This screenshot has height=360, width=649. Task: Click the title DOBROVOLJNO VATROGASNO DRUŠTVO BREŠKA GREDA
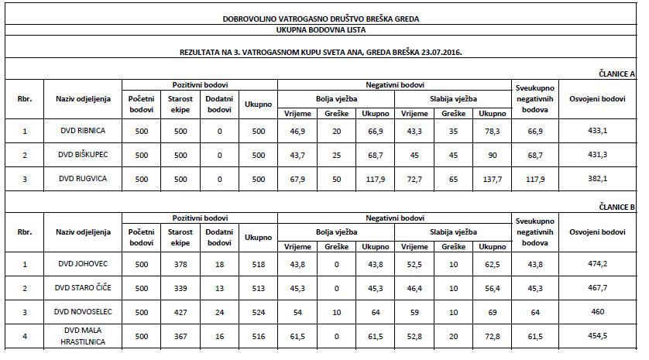coord(324,18)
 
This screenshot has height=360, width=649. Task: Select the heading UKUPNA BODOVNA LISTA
coord(324,29)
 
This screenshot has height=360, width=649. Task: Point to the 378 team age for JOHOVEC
coord(180,265)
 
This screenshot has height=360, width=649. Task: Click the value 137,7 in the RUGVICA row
coord(491,179)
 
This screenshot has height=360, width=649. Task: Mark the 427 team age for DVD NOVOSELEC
coord(180,313)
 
